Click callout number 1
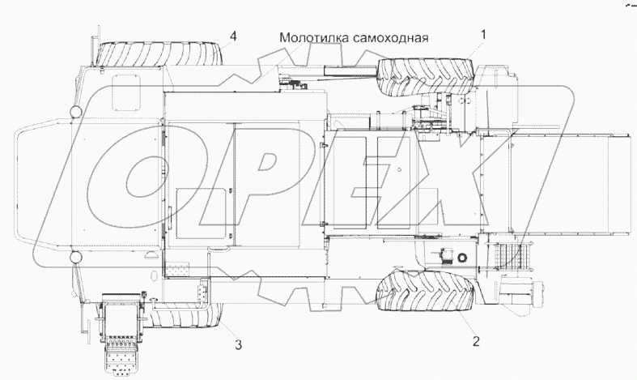click(x=484, y=35)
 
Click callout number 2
click(x=477, y=341)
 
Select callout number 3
click(x=238, y=346)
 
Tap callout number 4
click(x=233, y=36)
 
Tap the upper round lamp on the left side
click(x=74, y=109)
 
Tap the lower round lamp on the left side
click(x=74, y=257)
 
